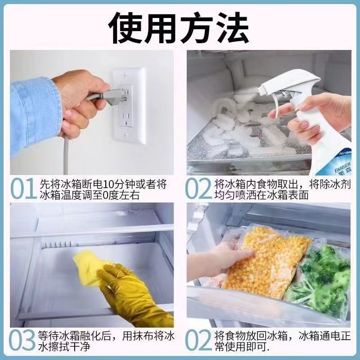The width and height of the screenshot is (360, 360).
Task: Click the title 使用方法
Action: pos(179,27)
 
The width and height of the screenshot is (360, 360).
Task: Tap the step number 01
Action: pos(23,189)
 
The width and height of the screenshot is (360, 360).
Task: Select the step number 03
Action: pos(22,341)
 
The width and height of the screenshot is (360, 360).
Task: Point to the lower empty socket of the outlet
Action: pos(126,118)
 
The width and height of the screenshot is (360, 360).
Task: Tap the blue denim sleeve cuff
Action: pos(35,112)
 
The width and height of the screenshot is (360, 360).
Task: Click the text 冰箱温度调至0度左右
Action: pos(90,195)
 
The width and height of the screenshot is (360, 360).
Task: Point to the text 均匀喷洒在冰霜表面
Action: pos(261,195)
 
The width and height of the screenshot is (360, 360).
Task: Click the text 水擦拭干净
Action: pos(64,347)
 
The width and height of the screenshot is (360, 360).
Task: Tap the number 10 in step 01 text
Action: pos(108,184)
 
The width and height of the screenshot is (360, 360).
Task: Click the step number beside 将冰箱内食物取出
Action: pos(198,189)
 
